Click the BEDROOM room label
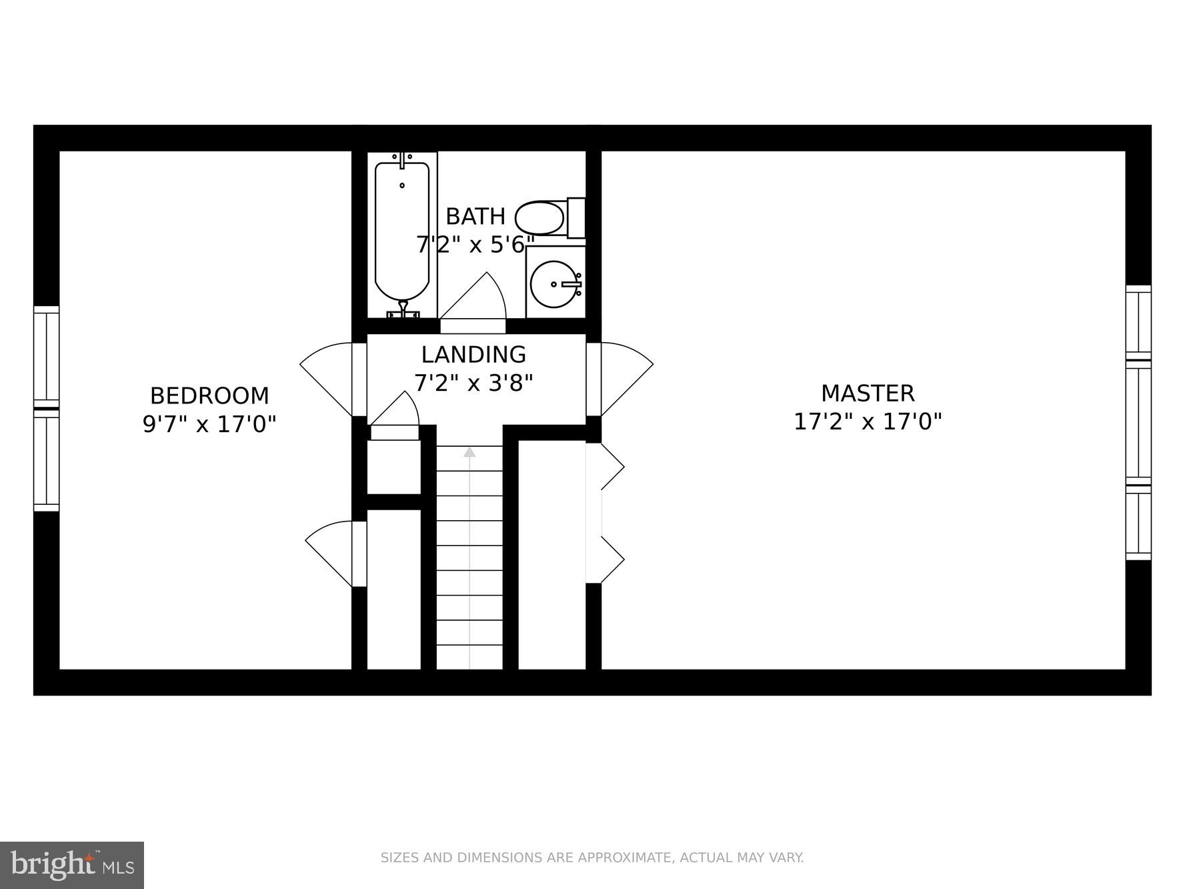click(x=209, y=395)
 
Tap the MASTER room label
click(x=867, y=393)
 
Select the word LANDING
click(x=473, y=354)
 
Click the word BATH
click(x=475, y=217)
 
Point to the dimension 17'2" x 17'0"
click(x=867, y=422)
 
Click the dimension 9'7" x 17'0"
click(x=209, y=424)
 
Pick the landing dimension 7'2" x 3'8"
click(x=473, y=383)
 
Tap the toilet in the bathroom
click(x=543, y=218)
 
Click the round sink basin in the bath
click(x=555, y=284)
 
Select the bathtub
click(x=401, y=230)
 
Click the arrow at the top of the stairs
click(x=469, y=452)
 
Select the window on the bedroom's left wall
click(x=46, y=408)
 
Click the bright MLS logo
click(x=72, y=865)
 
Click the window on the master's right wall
click(x=1138, y=423)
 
